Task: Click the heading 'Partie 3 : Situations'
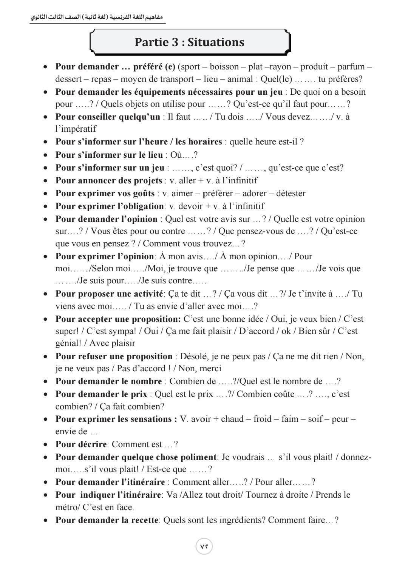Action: pos(190,42)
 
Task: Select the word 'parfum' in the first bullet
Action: pos(351,67)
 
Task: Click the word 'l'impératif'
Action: pos(76,129)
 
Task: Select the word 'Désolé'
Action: pos(193,356)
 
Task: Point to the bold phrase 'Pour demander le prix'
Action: pos(101,394)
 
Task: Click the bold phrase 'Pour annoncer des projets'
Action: pos(108,181)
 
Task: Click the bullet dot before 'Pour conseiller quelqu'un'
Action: pos(46,117)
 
